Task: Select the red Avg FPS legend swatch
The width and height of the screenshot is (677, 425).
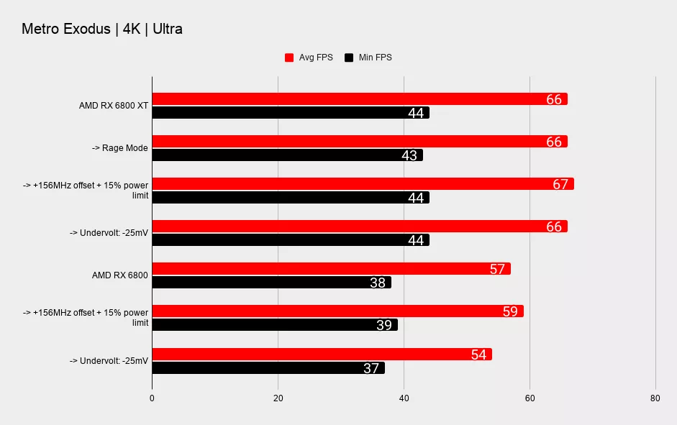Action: (x=290, y=58)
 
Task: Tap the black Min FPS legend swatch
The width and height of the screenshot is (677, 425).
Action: (x=350, y=58)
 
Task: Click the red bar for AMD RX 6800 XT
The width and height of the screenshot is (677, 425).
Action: (x=359, y=99)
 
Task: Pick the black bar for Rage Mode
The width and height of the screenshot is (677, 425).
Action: (x=287, y=155)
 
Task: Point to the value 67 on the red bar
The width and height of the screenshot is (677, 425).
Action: (x=561, y=184)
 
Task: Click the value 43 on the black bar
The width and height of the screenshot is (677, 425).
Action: (x=409, y=155)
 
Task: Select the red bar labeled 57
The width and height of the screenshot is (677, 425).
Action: (x=331, y=269)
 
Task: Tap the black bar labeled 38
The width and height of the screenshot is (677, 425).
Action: (x=271, y=283)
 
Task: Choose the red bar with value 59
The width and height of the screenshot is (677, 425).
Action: (x=337, y=311)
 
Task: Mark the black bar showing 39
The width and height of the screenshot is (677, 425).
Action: (x=274, y=325)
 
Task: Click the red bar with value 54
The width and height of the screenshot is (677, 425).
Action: (x=322, y=354)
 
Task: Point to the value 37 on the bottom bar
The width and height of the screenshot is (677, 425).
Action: (x=371, y=368)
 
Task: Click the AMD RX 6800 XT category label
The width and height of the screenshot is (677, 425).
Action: (x=114, y=106)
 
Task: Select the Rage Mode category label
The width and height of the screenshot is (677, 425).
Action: (x=119, y=148)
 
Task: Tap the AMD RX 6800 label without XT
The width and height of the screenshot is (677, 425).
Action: (x=120, y=275)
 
